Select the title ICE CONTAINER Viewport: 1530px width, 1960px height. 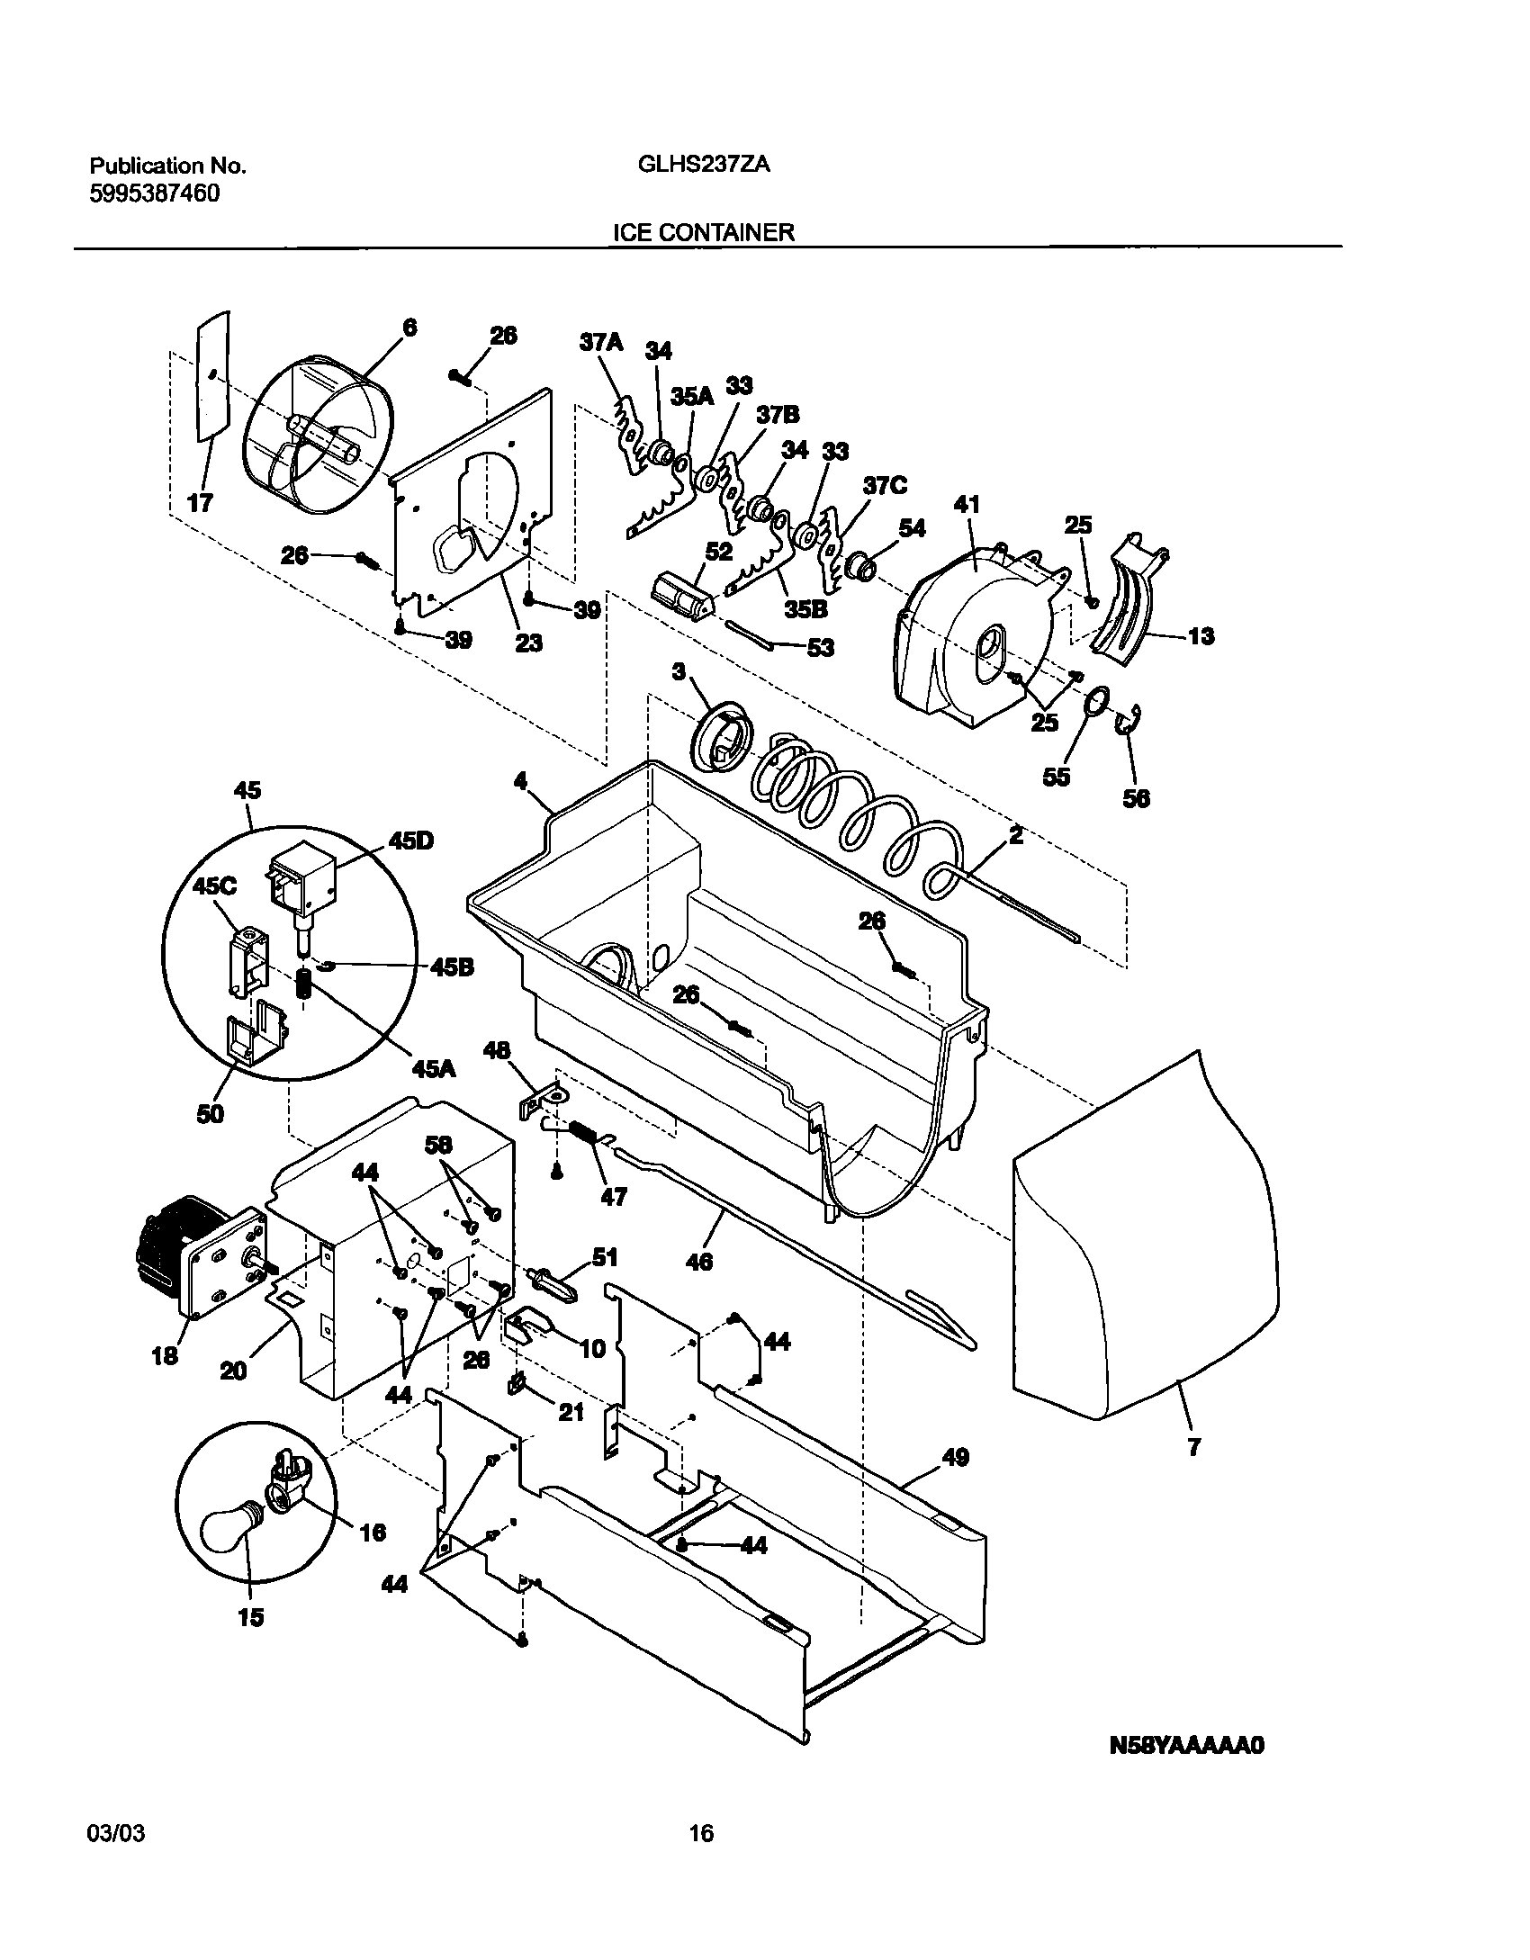click(x=704, y=232)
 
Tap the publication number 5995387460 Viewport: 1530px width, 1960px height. click(x=155, y=193)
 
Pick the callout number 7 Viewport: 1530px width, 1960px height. click(x=1193, y=1448)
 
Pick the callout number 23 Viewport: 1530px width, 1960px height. click(x=529, y=643)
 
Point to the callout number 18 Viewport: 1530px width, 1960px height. click(x=165, y=1356)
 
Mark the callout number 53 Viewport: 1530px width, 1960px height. click(x=820, y=647)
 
